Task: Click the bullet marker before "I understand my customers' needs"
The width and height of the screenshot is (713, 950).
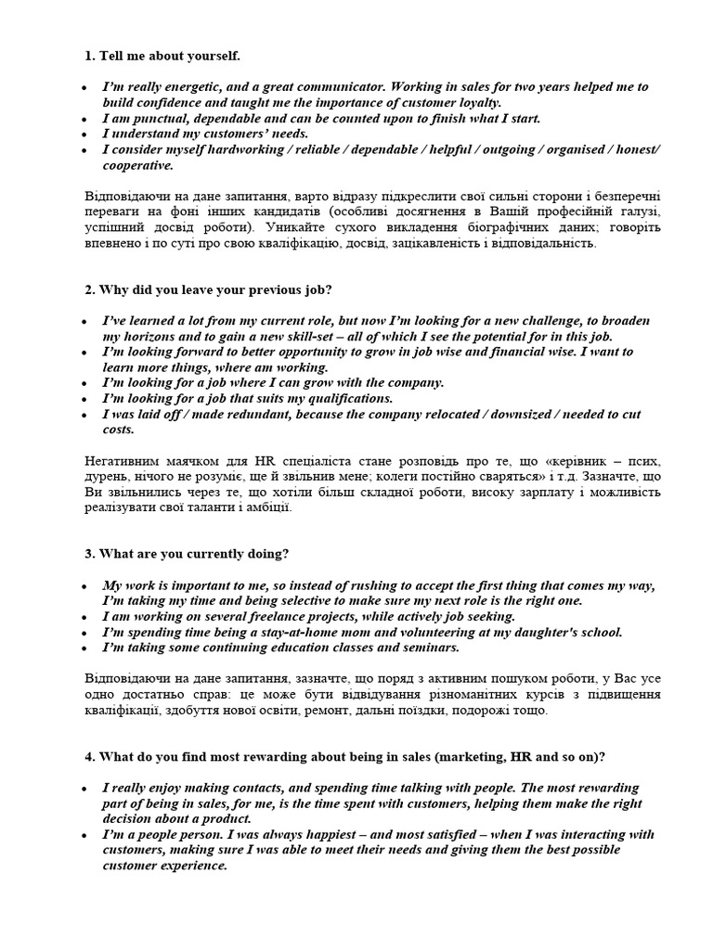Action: pyautogui.click(x=86, y=135)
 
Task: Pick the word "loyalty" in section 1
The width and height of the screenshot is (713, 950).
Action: pyautogui.click(x=476, y=103)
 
